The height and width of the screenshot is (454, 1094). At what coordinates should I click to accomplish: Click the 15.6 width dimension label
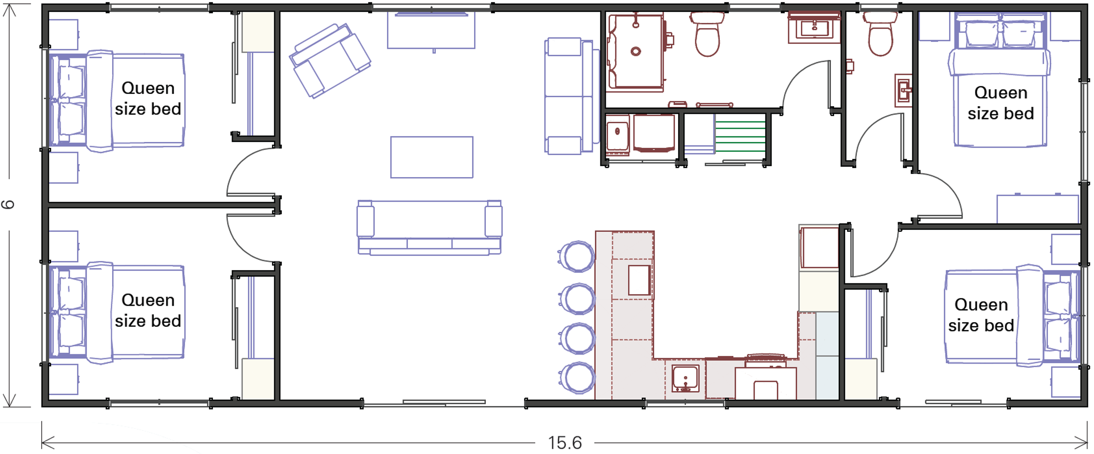[565, 443]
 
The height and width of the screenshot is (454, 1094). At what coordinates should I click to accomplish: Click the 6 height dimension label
[8, 204]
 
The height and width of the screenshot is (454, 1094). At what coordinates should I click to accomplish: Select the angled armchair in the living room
[330, 61]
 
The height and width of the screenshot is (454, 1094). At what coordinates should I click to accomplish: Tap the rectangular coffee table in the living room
[431, 157]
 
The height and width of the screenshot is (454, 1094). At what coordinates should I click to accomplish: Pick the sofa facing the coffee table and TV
[429, 227]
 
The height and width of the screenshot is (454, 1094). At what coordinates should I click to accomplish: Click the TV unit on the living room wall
[431, 30]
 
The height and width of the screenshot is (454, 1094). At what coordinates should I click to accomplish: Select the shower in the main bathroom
[635, 51]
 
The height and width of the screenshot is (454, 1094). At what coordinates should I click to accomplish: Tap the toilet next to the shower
[707, 34]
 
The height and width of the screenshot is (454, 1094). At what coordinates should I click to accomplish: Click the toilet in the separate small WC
[880, 34]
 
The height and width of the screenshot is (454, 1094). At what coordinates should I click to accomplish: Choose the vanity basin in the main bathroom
[814, 29]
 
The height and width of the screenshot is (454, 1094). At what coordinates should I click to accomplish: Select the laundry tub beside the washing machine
[617, 134]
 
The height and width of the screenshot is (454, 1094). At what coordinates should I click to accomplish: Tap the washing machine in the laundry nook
[654, 133]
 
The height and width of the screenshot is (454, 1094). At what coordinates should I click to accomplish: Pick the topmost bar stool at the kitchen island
[578, 256]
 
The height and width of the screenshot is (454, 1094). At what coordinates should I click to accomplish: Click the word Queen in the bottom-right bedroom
[981, 304]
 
